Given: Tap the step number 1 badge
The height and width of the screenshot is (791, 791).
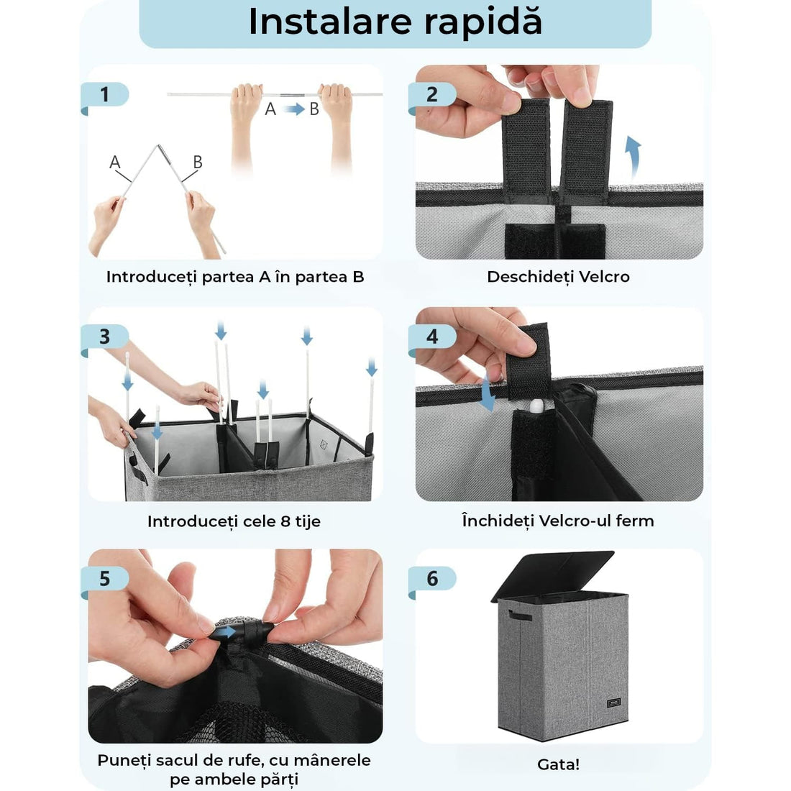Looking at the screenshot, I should pos(105,94).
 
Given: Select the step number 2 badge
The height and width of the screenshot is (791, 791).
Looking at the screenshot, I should pos(432,94).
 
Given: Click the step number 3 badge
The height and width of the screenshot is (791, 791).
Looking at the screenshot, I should pos(105,337).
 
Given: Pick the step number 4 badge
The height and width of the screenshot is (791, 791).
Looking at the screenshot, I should pos(432,337).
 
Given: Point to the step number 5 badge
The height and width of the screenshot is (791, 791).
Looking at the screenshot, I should pos(105,578).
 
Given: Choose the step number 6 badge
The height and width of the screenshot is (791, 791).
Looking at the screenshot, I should pos(432,578).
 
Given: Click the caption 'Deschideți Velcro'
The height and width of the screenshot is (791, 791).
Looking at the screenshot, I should pos(558,277).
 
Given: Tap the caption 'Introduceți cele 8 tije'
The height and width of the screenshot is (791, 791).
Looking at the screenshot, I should pos(234,521).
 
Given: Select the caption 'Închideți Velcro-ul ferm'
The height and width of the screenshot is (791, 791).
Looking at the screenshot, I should pos(558,521).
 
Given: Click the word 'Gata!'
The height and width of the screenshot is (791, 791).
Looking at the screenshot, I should pos(558,764).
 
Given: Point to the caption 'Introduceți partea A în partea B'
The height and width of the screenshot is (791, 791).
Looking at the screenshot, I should pos(235,277).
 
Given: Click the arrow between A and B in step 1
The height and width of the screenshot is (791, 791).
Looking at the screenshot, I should pos(293,109).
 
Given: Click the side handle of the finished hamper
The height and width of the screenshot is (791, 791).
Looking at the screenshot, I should pos(519,616).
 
